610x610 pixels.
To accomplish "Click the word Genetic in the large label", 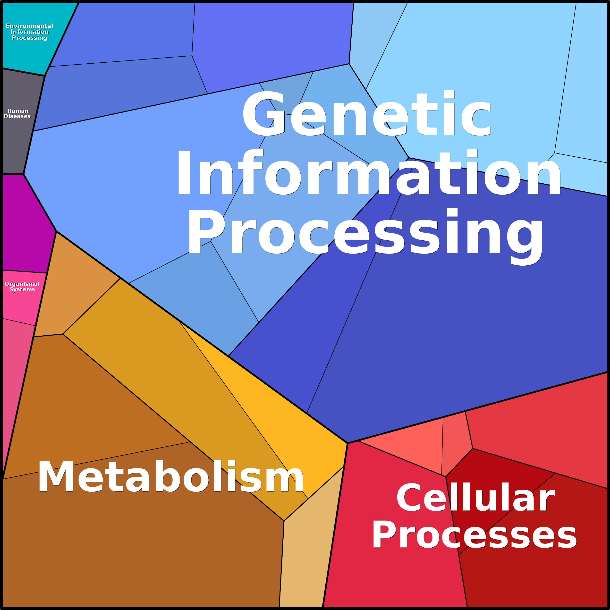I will click(366, 114).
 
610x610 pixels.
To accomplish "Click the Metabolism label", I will click(170, 477).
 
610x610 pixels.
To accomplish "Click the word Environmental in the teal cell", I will click(29, 26).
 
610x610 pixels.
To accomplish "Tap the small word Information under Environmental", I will click(29, 32).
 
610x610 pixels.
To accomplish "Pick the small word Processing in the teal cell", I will click(29, 38).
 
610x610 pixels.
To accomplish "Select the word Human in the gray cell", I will click(18, 111).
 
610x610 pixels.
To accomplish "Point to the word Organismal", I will click(22, 284).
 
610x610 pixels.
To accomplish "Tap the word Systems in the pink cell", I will click(22, 289).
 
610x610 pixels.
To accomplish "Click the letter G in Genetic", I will click(264, 114).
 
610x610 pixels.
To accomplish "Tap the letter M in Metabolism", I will click(56, 477).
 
